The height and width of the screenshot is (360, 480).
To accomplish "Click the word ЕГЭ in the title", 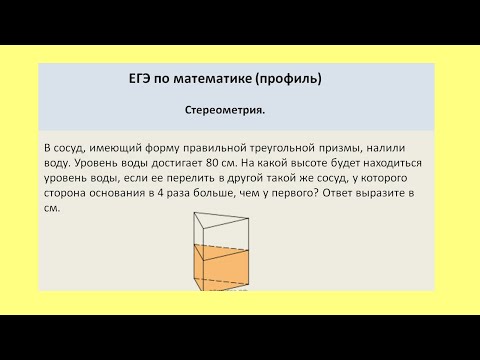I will pyautogui.click(x=132, y=78).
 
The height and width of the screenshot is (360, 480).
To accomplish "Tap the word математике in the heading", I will pyautogui.click(x=218, y=78).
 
